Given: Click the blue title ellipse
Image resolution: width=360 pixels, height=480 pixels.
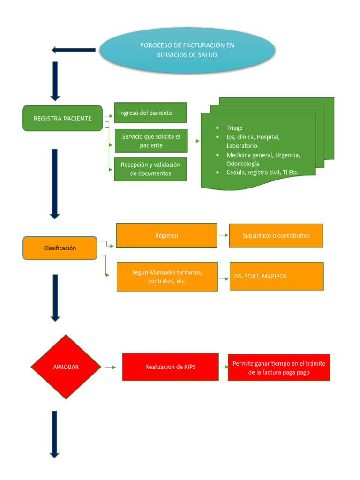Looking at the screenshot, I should (x=187, y=50).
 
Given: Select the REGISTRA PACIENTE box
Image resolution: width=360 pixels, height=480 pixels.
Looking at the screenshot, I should (x=62, y=118).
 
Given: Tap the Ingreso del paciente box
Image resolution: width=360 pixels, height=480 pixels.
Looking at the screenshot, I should (x=150, y=113).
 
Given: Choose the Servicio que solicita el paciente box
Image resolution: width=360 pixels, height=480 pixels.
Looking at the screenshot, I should (x=151, y=141).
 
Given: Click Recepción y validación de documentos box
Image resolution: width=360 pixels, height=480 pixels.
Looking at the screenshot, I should (x=150, y=169).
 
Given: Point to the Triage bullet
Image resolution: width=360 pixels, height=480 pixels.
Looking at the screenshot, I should (x=234, y=128).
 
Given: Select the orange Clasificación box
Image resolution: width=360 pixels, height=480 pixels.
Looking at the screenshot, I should (x=60, y=248).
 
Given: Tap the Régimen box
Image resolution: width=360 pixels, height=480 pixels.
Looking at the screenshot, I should (x=166, y=235).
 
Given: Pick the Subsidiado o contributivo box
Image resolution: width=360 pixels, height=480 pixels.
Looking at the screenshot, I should (x=276, y=235).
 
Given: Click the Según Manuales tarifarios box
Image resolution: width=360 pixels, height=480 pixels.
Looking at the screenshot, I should (x=167, y=277).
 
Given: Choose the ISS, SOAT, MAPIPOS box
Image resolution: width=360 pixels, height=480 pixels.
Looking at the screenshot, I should (x=276, y=276).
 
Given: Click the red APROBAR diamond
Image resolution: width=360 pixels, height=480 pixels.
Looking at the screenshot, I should (x=66, y=367).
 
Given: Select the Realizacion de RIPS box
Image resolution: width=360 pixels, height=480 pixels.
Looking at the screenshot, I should (x=170, y=367).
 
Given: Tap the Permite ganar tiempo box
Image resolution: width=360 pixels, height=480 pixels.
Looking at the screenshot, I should (x=279, y=367).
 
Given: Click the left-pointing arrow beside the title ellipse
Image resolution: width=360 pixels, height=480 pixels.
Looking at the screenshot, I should (x=74, y=50).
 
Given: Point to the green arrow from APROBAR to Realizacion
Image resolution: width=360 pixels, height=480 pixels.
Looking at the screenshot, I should (x=111, y=367).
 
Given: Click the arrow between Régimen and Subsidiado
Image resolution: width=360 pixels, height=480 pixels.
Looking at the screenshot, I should (x=223, y=235).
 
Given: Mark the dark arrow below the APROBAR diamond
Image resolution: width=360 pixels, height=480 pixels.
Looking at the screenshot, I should (x=54, y=434).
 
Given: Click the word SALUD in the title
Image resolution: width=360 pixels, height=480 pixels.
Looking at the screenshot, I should (x=207, y=55).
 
